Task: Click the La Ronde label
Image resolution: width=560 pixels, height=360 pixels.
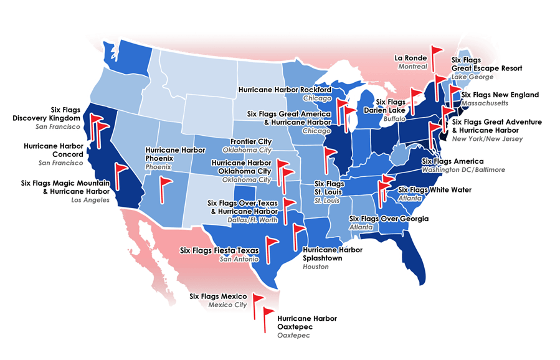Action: pos(411,58)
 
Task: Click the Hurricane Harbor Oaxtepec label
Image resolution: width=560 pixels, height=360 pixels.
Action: pos(307,323)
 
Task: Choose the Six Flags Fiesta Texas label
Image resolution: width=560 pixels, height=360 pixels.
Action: pos(218,250)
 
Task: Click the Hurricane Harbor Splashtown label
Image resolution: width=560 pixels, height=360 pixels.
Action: pos(332,253)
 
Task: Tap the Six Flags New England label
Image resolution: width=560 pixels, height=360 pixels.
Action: pos(500,94)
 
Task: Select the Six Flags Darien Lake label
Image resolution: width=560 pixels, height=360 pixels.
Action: pos(391,106)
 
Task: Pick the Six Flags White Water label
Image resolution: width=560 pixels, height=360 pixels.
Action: pos(435,189)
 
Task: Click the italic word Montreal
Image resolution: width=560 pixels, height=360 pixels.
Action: pos(413,67)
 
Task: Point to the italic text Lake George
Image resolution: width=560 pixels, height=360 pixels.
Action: pos(472,77)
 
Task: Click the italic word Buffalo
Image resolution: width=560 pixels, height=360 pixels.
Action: pos(395,118)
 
